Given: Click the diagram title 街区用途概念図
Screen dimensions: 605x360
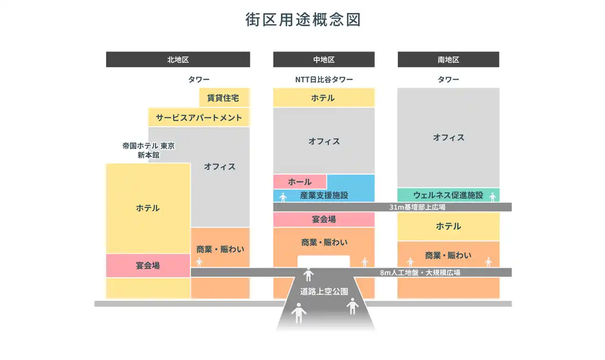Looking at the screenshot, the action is click(303, 20).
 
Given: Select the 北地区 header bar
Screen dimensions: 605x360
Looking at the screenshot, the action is click(178, 60).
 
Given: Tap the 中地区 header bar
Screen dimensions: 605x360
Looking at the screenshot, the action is click(324, 60).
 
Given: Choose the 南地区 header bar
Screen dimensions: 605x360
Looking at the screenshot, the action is click(449, 60).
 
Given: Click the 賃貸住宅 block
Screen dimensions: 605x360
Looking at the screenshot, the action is click(224, 97).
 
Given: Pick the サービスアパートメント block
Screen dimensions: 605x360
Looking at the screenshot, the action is click(199, 117).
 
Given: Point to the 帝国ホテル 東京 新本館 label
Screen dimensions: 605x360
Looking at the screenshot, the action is click(148, 150).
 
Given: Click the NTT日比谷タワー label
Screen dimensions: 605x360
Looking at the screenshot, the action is click(324, 79).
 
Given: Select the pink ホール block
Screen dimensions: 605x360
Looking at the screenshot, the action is click(300, 181).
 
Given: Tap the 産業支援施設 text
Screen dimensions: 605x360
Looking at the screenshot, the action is click(324, 195).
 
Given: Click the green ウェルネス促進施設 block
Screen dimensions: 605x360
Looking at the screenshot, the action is click(449, 195).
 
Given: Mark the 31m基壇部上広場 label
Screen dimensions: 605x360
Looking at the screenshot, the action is click(417, 207).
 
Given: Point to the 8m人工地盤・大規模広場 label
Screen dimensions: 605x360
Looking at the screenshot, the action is click(420, 273).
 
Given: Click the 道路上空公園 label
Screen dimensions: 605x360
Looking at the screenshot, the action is click(324, 291).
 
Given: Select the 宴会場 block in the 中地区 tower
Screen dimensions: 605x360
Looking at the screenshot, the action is click(324, 219).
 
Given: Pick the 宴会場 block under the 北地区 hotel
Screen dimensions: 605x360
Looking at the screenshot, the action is click(148, 266).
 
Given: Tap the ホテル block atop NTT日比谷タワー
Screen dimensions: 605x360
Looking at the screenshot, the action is click(324, 97).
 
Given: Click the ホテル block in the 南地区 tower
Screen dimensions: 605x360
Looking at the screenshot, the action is click(449, 226).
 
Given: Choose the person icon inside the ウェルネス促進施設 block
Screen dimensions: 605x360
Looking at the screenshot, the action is click(493, 197).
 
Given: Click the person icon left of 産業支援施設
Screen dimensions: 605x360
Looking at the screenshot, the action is click(283, 197).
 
